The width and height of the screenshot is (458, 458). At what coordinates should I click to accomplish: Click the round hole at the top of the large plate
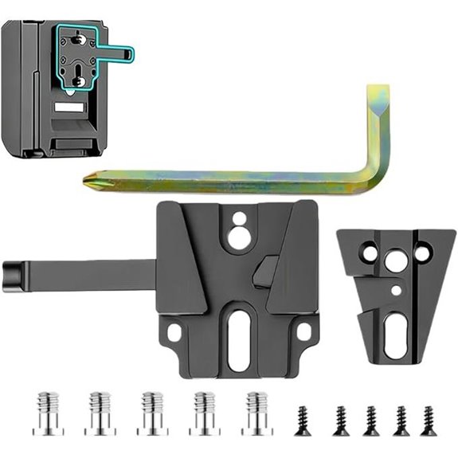coord(238,234)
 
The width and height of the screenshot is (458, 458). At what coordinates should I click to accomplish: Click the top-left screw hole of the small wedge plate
coord(368,252)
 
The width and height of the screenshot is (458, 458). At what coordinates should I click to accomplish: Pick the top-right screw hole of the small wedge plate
coord(422,252)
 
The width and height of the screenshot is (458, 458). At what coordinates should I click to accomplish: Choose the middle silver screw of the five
coord(153,412)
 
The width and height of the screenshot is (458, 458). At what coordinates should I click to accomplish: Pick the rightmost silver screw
coord(256,412)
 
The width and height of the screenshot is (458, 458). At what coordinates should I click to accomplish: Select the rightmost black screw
coord(428,421)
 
